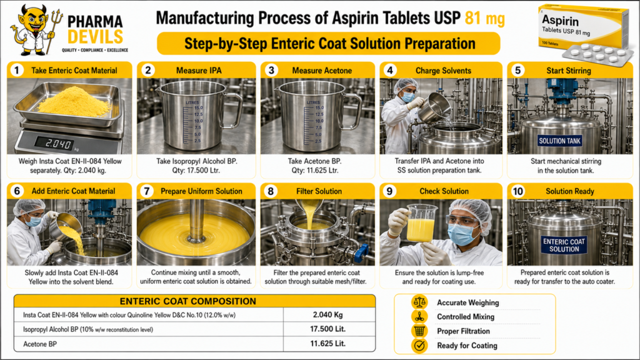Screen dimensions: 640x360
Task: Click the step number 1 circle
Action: click(17, 70)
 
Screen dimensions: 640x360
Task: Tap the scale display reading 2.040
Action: click(54, 143)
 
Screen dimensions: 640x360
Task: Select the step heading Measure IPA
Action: click(199, 71)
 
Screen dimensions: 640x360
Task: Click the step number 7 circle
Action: click(146, 191)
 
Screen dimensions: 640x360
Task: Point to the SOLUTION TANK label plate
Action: click(559, 141)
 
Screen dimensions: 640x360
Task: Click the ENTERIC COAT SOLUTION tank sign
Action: click(564, 245)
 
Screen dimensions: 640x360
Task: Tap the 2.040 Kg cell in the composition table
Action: click(327, 315)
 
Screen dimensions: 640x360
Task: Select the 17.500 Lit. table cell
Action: click(327, 329)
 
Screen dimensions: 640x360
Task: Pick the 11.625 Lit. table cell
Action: click(327, 344)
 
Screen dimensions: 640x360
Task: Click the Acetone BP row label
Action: click(40, 344)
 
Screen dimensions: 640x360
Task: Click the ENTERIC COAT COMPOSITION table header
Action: click(187, 301)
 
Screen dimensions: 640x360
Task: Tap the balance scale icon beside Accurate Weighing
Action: click(419, 302)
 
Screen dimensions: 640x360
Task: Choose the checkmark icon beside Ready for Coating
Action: click(419, 346)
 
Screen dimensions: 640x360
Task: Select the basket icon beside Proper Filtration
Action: click(419, 331)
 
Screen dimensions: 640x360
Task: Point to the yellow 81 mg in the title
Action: click(485, 18)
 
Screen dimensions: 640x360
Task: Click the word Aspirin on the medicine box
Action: click(560, 21)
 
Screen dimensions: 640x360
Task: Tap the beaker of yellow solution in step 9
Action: click(421, 224)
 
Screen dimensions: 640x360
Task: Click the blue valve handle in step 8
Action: click(361, 252)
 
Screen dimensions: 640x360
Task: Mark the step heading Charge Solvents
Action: click(443, 71)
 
